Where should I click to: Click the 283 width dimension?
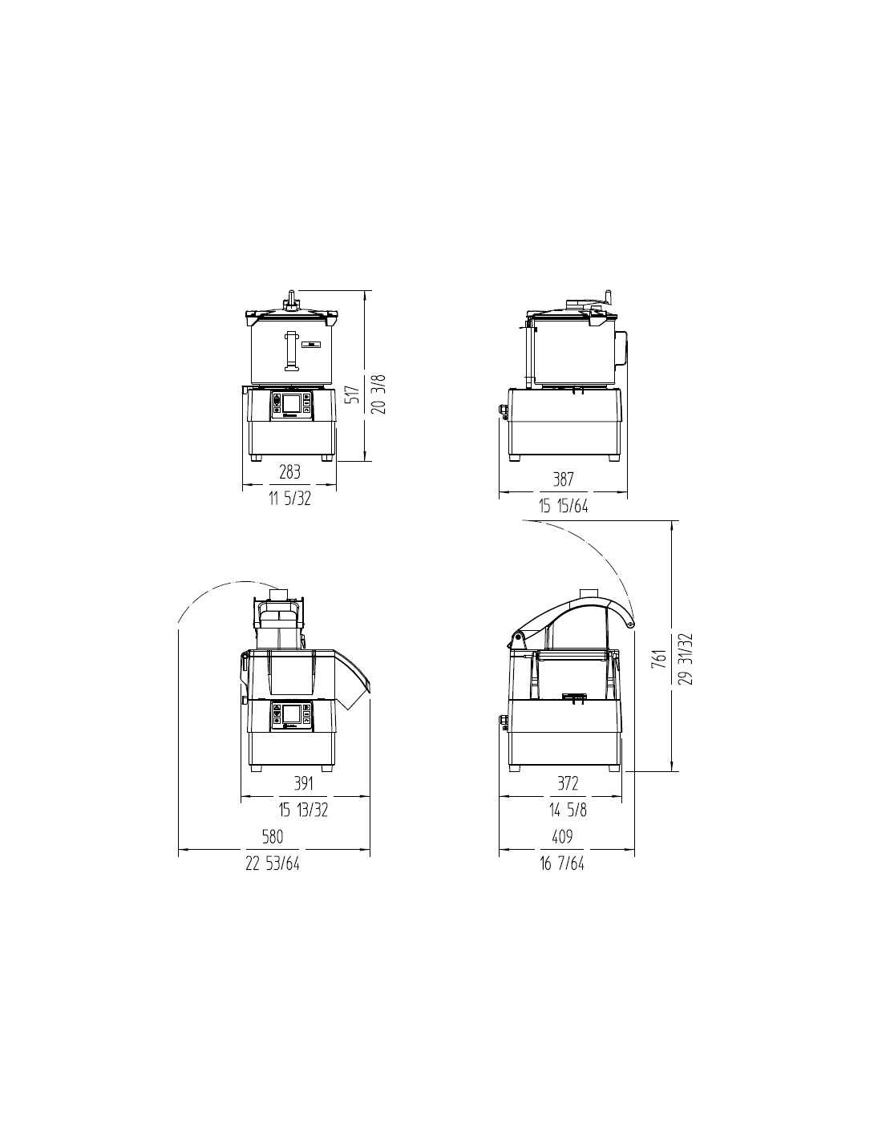[x=289, y=472]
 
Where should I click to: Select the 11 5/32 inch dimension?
[x=289, y=499]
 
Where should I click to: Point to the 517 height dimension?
[x=354, y=394]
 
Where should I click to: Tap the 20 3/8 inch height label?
[x=378, y=394]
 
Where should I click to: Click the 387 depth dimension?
[x=563, y=479]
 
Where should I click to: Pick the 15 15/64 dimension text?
[x=564, y=506]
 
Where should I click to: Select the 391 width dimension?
[x=303, y=783]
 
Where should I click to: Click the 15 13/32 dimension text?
[x=303, y=810]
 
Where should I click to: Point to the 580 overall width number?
[x=273, y=836]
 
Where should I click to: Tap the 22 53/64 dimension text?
[x=273, y=863]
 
